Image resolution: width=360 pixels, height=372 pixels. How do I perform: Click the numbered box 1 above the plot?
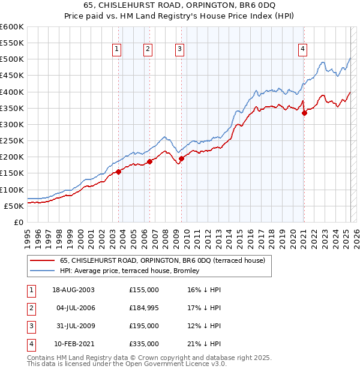pos(116,50)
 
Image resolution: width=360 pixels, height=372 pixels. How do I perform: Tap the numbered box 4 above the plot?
pos(303,50)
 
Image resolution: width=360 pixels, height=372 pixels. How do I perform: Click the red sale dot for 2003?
pos(119,172)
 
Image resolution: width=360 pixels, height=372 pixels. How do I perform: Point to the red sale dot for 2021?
pos(304,113)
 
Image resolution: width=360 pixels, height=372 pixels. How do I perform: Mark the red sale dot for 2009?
pos(181,158)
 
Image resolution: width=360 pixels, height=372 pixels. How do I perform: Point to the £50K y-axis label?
pos(14,206)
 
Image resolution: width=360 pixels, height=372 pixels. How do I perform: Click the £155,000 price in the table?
pos(144,289)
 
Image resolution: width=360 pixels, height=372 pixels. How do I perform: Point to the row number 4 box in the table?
pos(31,344)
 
